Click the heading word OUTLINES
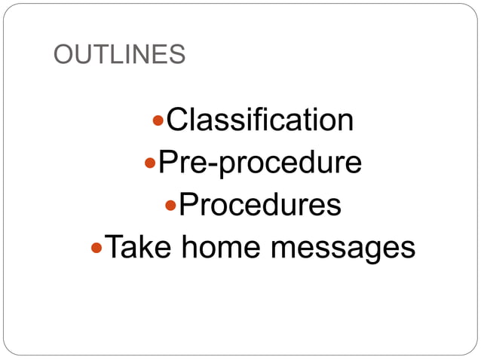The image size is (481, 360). click(x=120, y=54)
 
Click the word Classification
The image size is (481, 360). click(x=259, y=120)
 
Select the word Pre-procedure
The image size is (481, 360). click(x=259, y=162)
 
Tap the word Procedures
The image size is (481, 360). click(x=260, y=204)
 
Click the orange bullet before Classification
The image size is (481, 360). click(x=158, y=121)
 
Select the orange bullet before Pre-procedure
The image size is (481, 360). click(x=149, y=163)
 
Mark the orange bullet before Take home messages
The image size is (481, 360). click(x=95, y=247)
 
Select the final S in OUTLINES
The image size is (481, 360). click(x=177, y=54)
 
